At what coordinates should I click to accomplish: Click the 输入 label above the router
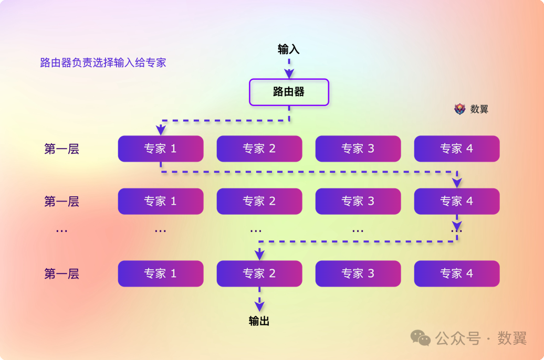(288, 49)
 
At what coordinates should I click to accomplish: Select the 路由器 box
(289, 92)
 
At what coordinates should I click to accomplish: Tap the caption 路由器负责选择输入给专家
(103, 62)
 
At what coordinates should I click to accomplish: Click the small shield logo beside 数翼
(459, 109)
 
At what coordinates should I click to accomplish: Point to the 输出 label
(259, 321)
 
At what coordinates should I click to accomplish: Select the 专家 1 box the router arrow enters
(161, 149)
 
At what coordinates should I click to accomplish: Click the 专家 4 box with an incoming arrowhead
(457, 201)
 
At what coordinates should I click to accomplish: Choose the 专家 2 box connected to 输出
(259, 273)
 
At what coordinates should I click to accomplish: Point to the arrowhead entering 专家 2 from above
(259, 255)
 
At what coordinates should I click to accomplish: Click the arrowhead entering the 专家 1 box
(161, 130)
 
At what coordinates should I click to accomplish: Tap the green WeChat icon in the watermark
(421, 338)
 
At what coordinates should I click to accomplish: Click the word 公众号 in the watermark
(458, 338)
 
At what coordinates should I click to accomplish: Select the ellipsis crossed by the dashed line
(456, 230)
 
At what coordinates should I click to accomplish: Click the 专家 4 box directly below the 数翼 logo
(457, 149)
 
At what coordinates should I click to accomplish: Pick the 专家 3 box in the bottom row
(358, 273)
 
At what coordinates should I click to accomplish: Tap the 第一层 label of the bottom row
(61, 273)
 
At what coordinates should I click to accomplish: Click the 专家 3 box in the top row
(358, 149)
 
